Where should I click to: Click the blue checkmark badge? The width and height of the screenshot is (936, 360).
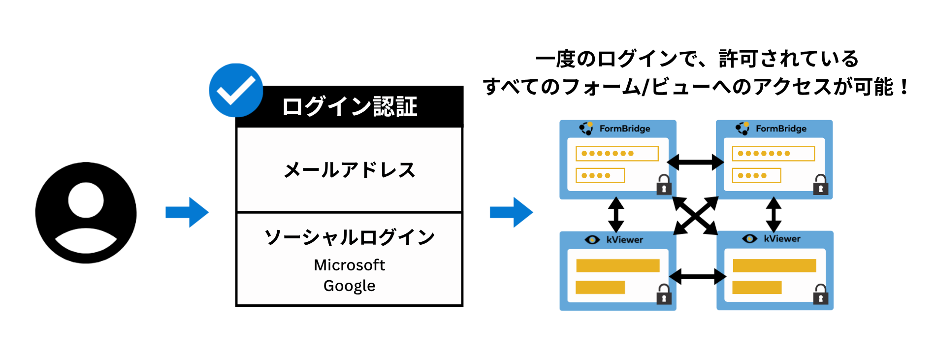click(236, 90)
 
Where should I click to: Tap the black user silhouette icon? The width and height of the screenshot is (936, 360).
click(86, 213)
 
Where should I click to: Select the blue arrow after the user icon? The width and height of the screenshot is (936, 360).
click(187, 212)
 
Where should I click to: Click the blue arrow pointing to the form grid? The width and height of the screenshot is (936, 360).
click(511, 212)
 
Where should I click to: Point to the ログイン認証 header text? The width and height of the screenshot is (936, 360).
click(350, 106)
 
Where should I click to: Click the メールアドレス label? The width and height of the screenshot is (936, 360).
click(350, 170)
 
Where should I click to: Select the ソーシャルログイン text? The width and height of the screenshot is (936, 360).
click(350, 237)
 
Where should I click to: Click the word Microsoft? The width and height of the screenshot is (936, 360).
click(350, 265)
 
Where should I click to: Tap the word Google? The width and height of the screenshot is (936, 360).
click(350, 286)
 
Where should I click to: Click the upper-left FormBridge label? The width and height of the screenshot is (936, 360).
click(624, 129)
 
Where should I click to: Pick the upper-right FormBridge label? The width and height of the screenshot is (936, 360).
click(781, 129)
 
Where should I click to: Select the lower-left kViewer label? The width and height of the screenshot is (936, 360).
click(624, 240)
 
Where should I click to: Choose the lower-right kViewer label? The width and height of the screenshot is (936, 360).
click(782, 239)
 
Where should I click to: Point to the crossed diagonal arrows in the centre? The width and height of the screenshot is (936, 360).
click(695, 216)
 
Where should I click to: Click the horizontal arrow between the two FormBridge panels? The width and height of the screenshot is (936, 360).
click(695, 162)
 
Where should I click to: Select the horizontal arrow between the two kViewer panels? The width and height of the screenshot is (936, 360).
click(697, 276)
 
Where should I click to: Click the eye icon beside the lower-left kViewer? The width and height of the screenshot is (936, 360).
click(592, 240)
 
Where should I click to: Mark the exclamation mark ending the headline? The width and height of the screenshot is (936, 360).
click(904, 87)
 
